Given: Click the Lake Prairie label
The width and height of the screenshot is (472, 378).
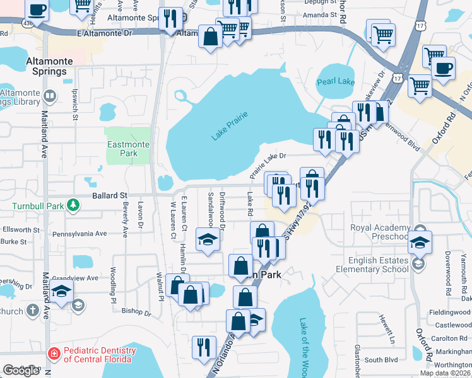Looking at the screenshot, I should (x=229, y=125).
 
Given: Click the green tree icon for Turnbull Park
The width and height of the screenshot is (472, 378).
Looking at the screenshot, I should (x=73, y=205).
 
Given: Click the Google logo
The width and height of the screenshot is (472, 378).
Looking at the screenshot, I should (x=21, y=370).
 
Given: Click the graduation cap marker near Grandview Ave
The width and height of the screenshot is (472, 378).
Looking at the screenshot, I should (x=62, y=290).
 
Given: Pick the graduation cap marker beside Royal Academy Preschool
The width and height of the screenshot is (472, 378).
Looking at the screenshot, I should (x=420, y=241).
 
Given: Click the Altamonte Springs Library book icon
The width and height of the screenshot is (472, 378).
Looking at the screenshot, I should (x=51, y=96).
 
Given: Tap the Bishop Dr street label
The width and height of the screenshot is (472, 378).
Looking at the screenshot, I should (x=136, y=312).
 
